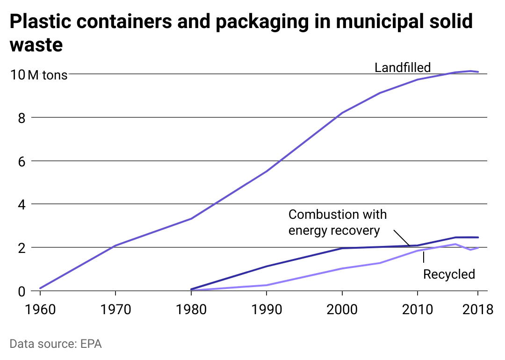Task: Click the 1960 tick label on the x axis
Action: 40,310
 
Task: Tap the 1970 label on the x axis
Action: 115,310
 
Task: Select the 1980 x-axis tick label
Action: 191,310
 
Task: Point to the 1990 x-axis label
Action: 267,310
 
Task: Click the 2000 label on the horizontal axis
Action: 342,310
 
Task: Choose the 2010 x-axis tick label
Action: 418,310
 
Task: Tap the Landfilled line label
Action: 403,67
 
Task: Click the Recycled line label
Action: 449,274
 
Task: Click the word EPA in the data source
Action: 91,344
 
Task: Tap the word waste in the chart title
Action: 36,45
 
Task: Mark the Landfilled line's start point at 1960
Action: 41,288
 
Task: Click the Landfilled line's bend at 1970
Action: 115,245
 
